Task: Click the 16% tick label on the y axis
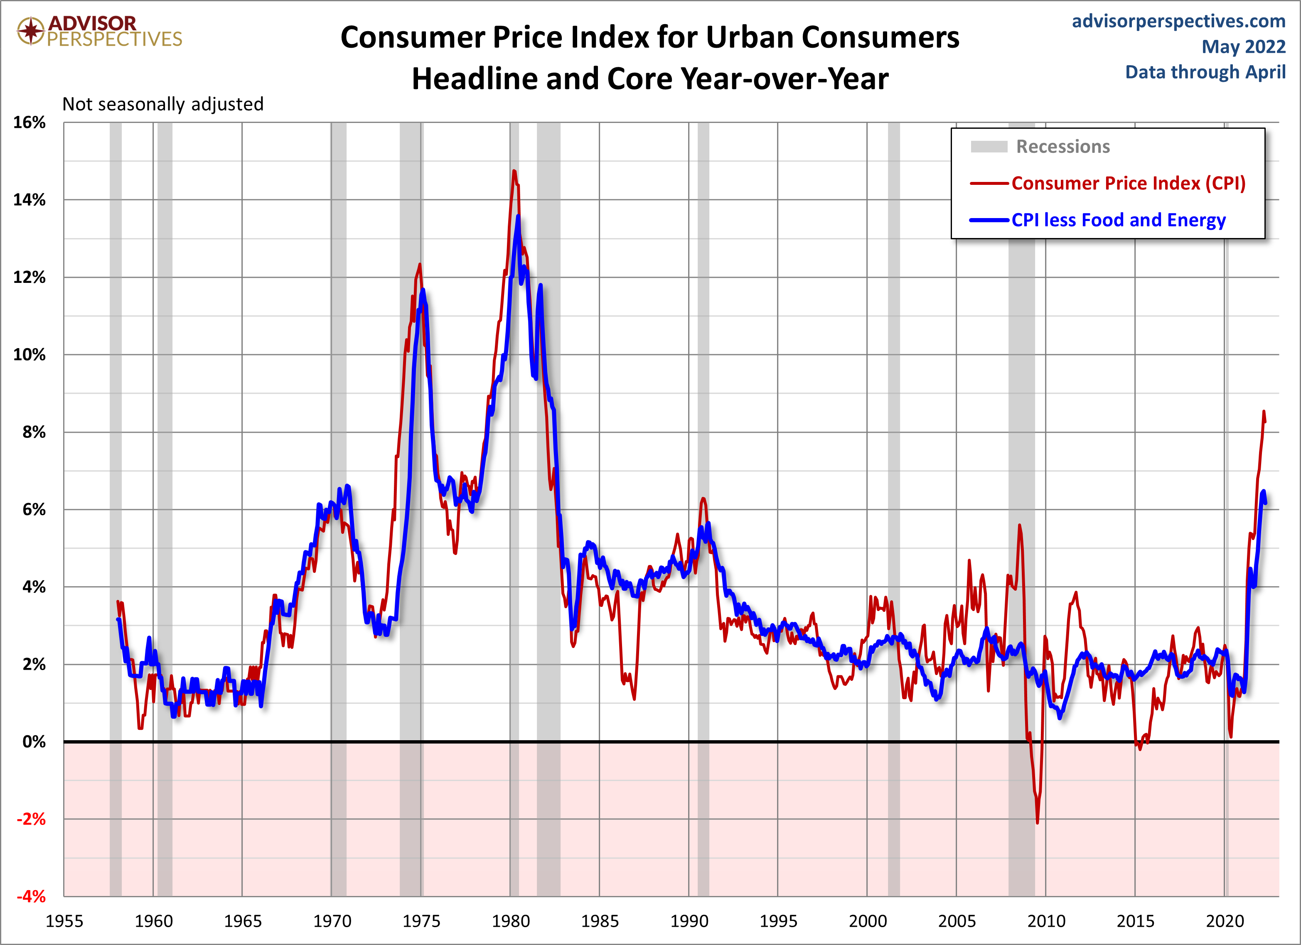[x=29, y=122]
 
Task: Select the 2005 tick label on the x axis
[x=956, y=921]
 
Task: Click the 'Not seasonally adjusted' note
[x=163, y=104]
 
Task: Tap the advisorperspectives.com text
[x=1178, y=21]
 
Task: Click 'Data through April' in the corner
[x=1205, y=72]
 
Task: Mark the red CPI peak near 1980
[x=514, y=171]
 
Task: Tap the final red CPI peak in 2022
[x=1263, y=411]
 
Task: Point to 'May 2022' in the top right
[x=1243, y=47]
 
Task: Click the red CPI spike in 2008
[x=1019, y=525]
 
